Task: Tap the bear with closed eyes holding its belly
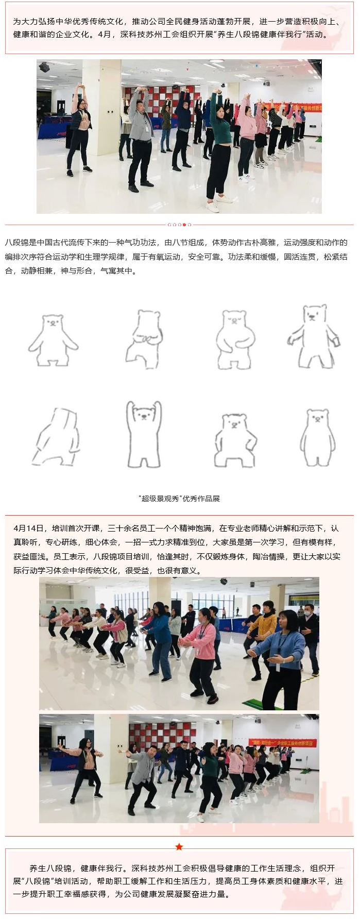click(x=235, y=339)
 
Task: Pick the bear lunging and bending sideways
click(x=57, y=437)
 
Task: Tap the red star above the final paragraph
click(x=179, y=847)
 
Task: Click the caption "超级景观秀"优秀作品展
click(x=179, y=499)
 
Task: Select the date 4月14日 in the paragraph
click(x=29, y=529)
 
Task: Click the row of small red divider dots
click(x=179, y=225)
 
